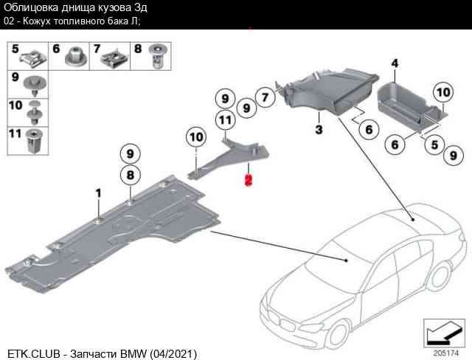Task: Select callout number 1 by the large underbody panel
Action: (97, 193)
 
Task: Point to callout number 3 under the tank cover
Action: (319, 131)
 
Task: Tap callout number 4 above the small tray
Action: (395, 64)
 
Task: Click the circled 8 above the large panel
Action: (130, 176)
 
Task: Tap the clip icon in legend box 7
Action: (115, 55)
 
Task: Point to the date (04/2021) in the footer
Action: (174, 353)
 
